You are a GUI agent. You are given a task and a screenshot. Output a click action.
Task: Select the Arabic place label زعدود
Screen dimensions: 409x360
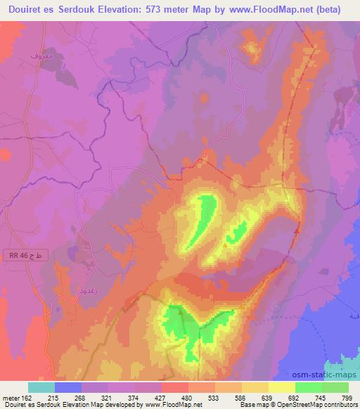coord(85,289)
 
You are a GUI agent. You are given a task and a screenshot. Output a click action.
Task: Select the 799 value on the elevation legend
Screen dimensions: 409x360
coord(348,398)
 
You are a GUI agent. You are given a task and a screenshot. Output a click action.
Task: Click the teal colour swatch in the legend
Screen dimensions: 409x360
coord(41,387)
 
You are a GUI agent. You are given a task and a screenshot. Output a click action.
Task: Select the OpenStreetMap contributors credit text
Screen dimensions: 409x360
coord(315,405)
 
